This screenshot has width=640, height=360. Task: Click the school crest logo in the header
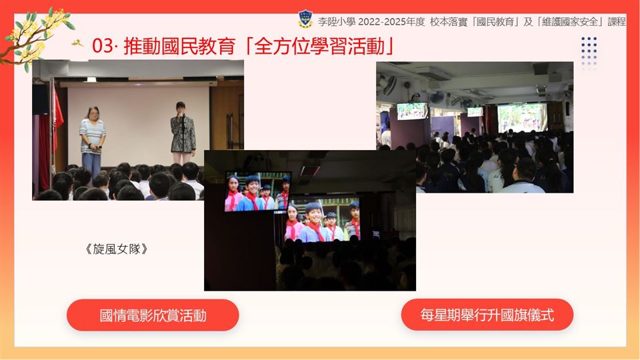point(305,19)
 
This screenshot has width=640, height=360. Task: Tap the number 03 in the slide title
point(102,46)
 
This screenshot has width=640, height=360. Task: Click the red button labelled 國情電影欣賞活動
point(153,315)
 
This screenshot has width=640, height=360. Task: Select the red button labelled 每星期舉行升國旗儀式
point(487,315)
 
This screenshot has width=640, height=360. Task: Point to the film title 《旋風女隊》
point(116,249)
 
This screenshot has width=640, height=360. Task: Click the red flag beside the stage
point(57,119)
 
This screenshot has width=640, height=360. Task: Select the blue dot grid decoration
point(589,52)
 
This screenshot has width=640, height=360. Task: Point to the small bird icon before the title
point(77,43)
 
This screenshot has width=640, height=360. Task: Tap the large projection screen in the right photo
point(522,117)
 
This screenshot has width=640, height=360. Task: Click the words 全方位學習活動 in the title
point(319,46)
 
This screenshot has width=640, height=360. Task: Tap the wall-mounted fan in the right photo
point(437,97)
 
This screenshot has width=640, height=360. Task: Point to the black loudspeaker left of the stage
point(41,99)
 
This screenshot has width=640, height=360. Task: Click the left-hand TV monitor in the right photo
point(413,111)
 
